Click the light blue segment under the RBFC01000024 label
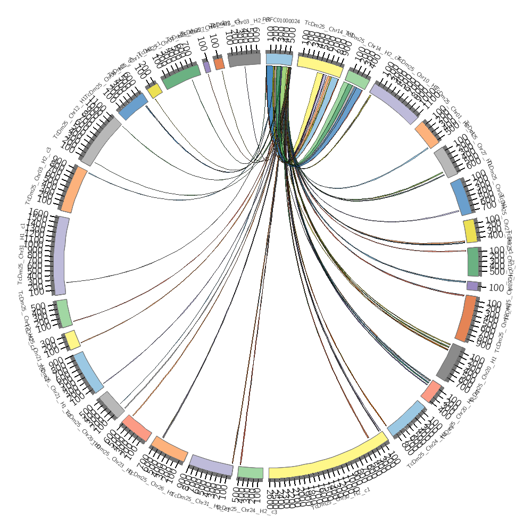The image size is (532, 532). click(279, 59)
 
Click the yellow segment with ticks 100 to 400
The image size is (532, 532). click(470, 231)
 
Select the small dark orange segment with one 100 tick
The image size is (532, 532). click(219, 63)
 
